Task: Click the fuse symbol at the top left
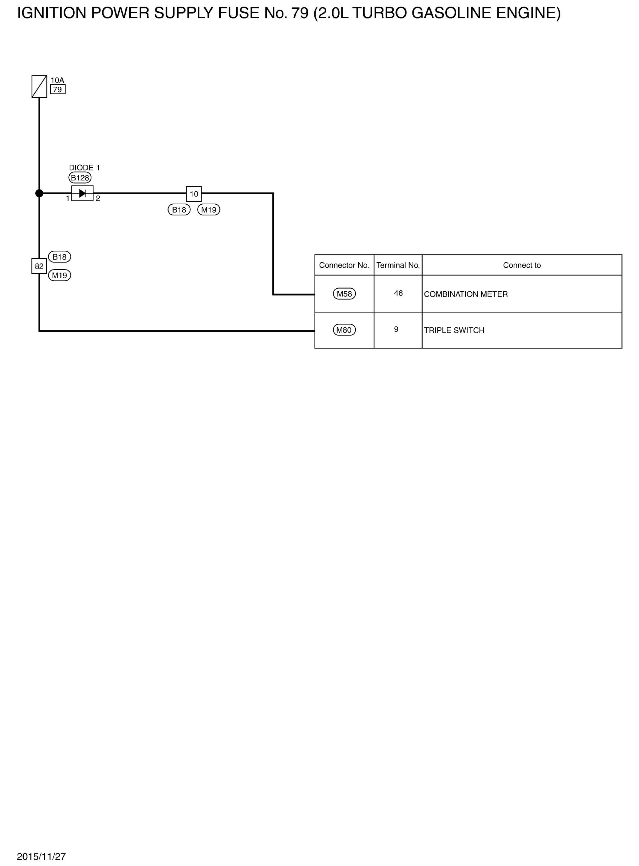tap(39, 86)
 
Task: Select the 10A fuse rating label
tap(57, 80)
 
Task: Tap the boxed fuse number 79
tap(58, 89)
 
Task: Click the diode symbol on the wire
tap(82, 193)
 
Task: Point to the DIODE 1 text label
tap(84, 167)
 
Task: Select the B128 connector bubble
tap(80, 178)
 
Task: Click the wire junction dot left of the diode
tap(39, 193)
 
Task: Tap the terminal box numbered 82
tap(39, 266)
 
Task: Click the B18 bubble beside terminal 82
tap(60, 257)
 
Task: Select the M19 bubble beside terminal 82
tap(60, 275)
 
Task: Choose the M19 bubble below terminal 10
tap(209, 210)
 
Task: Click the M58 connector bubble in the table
tap(344, 293)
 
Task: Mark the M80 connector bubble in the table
tap(344, 330)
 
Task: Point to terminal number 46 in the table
tap(398, 293)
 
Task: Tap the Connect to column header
tap(522, 265)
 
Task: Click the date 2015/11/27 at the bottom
tap(41, 856)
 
